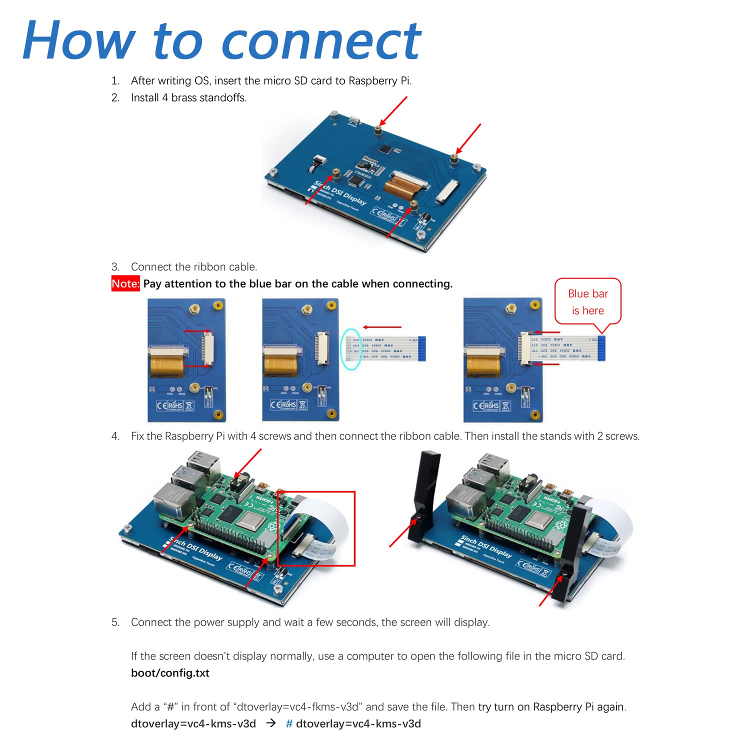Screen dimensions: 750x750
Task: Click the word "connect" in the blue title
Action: (x=321, y=42)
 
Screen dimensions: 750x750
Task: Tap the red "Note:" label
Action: (x=125, y=284)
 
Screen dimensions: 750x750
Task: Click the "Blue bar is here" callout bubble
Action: (x=587, y=302)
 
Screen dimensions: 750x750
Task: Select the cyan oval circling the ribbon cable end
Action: (x=351, y=349)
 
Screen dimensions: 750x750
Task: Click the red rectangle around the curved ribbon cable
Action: (x=316, y=528)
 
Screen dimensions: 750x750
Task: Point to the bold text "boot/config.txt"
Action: (x=170, y=673)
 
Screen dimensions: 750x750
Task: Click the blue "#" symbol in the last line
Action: (x=289, y=724)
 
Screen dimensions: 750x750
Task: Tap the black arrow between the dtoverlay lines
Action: (x=270, y=723)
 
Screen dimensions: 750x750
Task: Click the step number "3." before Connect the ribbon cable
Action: (x=115, y=267)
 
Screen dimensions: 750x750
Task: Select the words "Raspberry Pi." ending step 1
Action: (x=380, y=81)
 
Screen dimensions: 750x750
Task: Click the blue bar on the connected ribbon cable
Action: (x=601, y=348)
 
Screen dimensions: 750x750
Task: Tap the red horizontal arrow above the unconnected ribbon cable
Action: (x=382, y=327)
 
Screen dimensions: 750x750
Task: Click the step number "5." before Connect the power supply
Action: (x=115, y=622)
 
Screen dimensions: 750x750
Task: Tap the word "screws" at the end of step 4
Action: (x=622, y=436)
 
